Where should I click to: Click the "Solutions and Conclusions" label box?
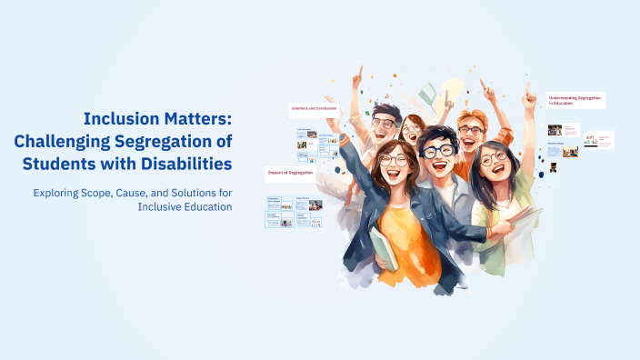tap(314, 109)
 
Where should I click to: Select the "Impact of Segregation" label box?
tap(289, 172)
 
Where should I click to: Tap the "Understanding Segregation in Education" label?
tap(575, 100)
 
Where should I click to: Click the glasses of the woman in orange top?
tap(394, 160)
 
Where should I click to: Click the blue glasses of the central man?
tap(439, 152)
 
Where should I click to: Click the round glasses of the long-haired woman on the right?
tap(493, 158)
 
